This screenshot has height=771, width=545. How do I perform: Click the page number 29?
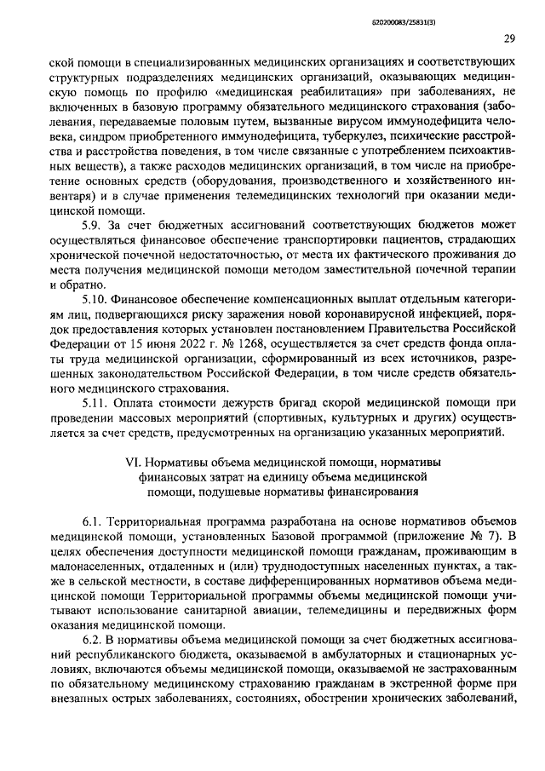pos(508,38)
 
